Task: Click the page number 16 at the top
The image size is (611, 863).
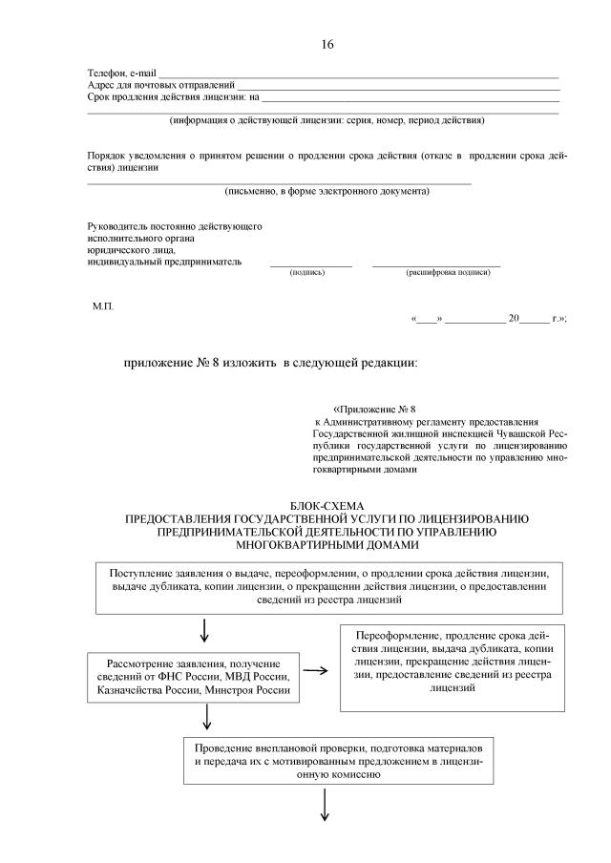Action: (327, 45)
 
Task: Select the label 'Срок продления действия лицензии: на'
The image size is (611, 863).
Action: (173, 97)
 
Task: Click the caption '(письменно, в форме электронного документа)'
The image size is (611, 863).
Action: (327, 191)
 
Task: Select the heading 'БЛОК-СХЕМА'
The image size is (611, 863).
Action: (327, 505)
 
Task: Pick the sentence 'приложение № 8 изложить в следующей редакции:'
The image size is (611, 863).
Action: (270, 363)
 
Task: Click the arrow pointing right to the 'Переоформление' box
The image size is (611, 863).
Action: (317, 669)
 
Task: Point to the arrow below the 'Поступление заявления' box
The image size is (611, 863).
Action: (205, 631)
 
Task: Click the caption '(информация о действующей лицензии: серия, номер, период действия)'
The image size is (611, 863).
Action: (327, 121)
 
